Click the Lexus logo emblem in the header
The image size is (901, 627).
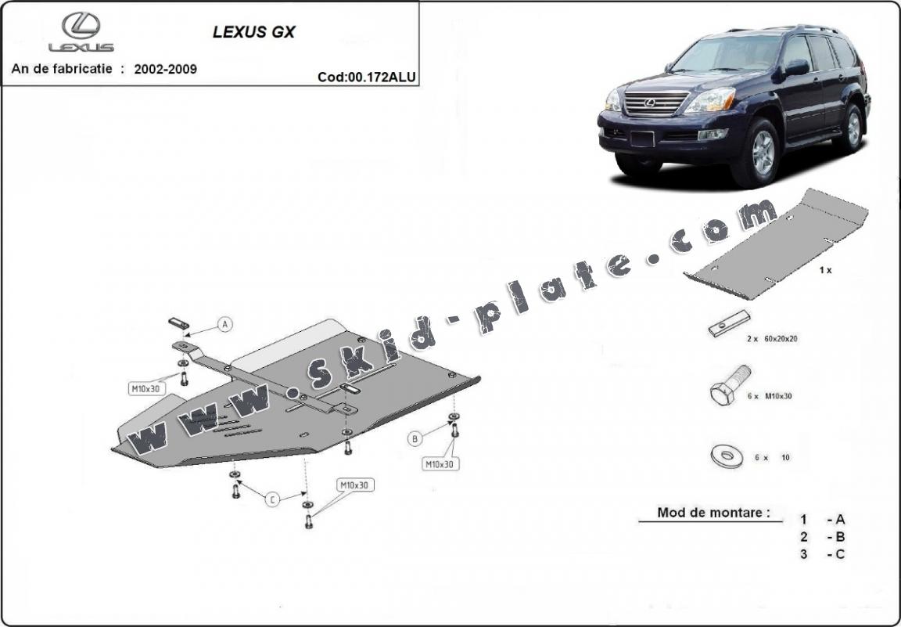[x=81, y=25]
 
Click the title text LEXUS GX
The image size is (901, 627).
[x=254, y=32]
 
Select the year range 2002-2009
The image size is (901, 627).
[x=166, y=69]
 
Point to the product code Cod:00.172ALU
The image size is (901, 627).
[x=367, y=77]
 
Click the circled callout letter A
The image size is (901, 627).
[x=225, y=324]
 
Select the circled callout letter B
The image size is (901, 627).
[x=415, y=439]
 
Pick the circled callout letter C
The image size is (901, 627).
[x=272, y=499]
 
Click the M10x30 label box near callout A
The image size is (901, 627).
[x=146, y=389]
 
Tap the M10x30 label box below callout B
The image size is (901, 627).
[x=441, y=463]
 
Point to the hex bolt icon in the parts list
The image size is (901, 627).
[x=729, y=385]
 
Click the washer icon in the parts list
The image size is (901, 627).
[x=727, y=456]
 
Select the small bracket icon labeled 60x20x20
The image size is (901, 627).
[x=729, y=324]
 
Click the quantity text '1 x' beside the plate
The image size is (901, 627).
[x=825, y=270]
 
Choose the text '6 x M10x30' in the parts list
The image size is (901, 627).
[x=770, y=396]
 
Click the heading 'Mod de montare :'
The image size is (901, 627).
[x=713, y=513]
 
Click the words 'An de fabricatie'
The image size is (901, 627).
[x=62, y=68]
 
